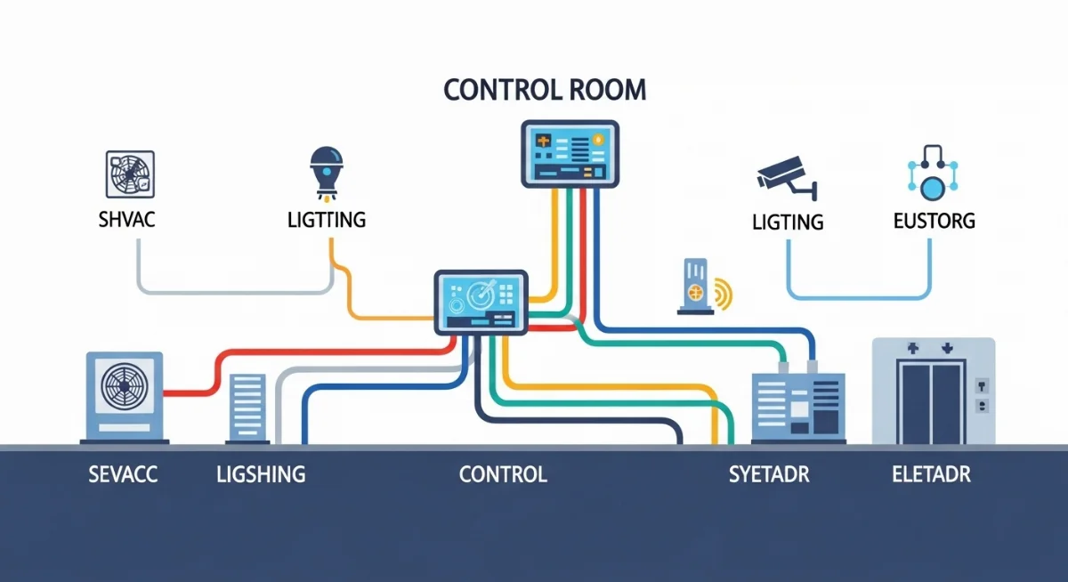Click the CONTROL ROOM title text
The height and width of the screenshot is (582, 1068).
click(x=544, y=91)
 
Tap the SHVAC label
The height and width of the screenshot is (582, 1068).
click(x=126, y=219)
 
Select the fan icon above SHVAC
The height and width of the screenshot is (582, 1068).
click(x=130, y=174)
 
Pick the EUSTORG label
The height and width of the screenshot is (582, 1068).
click(x=934, y=220)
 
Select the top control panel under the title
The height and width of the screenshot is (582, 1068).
click(x=568, y=154)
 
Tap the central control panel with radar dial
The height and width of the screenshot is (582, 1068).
click(x=481, y=303)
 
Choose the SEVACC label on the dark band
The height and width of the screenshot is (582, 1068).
click(x=123, y=474)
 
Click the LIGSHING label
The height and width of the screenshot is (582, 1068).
click(x=261, y=474)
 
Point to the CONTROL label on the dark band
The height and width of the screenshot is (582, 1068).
click(x=503, y=474)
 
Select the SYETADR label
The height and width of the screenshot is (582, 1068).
click(x=769, y=474)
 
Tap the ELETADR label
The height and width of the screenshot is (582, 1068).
click(x=931, y=474)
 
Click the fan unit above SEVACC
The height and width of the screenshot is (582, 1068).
click(x=124, y=396)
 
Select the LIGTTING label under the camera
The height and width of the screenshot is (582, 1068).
click(x=788, y=221)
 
